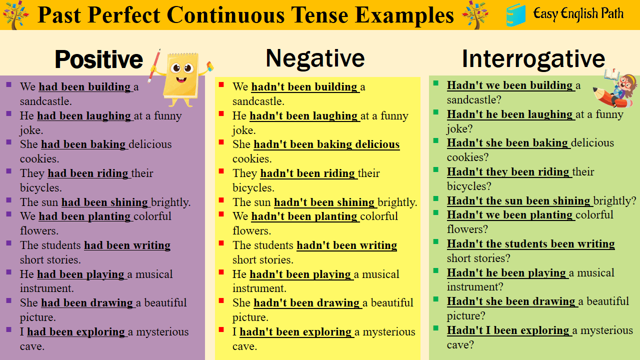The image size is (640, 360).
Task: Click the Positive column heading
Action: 98,59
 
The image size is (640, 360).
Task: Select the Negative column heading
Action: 315,58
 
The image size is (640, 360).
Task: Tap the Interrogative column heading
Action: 533,58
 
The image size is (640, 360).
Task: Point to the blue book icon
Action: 515,14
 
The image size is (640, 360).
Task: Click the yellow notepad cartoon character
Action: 181,77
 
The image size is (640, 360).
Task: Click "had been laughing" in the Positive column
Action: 84,116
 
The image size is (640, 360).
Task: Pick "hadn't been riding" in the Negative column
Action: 308,173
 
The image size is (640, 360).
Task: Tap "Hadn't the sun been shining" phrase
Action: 519,201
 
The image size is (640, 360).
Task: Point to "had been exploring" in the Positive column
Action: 76,332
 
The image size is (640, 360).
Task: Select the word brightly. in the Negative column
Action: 397,202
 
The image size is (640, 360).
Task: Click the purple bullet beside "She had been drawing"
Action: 9,301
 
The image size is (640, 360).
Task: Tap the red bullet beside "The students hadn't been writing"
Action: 221,243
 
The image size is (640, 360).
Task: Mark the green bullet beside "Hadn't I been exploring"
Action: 436,328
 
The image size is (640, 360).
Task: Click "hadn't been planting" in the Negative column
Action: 304,216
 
